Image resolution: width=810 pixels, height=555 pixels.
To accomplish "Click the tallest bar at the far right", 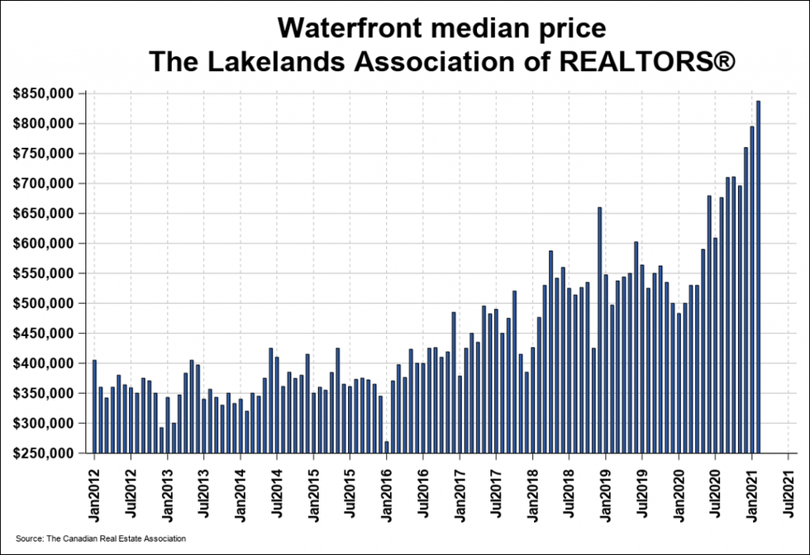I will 759,277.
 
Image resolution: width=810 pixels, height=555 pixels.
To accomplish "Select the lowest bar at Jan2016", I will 386,447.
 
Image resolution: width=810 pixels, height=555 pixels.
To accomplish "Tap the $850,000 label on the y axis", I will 46,93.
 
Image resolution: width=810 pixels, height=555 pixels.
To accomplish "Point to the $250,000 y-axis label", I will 46,453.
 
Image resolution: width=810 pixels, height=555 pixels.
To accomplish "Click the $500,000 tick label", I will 46,303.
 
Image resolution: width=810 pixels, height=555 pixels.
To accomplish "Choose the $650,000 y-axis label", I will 46,213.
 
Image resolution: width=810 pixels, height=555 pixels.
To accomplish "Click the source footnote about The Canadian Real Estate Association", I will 101,538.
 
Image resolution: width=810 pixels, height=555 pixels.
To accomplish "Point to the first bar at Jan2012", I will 94,406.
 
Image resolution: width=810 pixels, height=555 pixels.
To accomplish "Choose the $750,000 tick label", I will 46,154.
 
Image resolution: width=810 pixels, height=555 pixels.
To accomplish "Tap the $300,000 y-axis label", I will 46,423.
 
